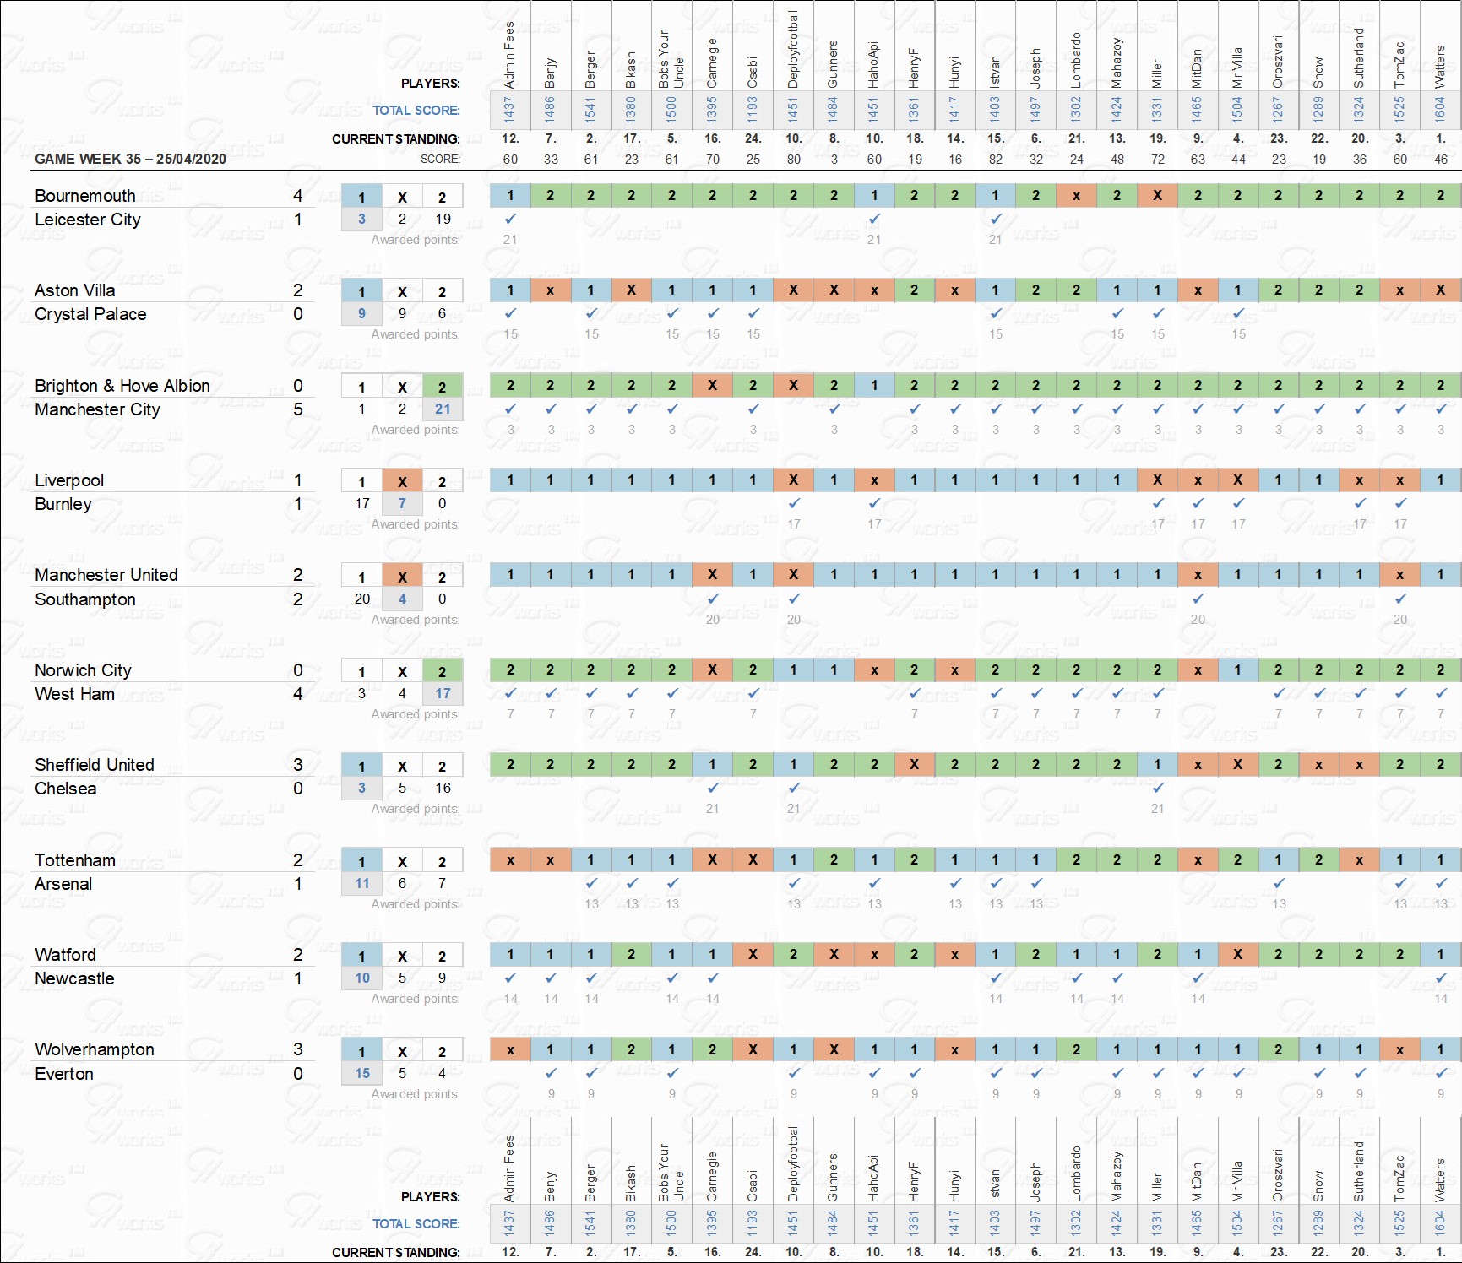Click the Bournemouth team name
pos(84,196)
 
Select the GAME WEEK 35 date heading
pos(130,159)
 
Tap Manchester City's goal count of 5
pos(297,409)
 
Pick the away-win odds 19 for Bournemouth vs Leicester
pos(443,219)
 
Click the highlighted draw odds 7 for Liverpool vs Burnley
pos(402,503)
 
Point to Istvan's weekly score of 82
pos(996,159)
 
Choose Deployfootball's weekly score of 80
pos(793,159)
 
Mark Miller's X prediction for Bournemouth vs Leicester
pos(1157,195)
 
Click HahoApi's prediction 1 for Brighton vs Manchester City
pos(874,385)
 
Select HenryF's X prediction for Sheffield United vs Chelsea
pos(915,764)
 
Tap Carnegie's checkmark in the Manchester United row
pos(713,599)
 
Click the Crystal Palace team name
pos(90,314)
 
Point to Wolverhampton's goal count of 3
pos(297,1049)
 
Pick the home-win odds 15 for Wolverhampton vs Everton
pos(362,1073)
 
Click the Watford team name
pos(65,955)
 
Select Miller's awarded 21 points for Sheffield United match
pos(1157,809)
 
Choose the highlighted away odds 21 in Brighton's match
pos(443,409)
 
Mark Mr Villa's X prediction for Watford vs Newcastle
pos(1238,954)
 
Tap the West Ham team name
pos(74,694)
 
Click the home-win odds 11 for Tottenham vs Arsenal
pos(362,883)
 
